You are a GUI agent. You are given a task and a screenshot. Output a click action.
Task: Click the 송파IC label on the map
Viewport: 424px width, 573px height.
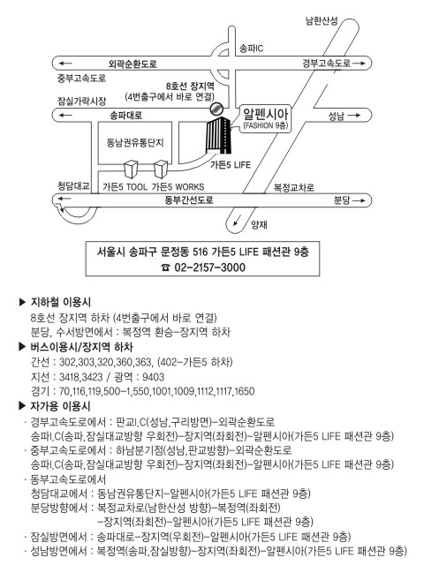point(251,49)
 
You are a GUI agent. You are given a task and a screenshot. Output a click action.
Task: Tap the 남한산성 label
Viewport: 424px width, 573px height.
point(322,21)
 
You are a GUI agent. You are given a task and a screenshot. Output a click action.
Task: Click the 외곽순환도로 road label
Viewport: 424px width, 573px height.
point(132,64)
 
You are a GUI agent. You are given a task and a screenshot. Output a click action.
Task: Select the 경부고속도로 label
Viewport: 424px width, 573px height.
point(327,64)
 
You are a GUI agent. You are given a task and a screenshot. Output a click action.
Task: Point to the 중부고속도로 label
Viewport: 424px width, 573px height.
point(81,78)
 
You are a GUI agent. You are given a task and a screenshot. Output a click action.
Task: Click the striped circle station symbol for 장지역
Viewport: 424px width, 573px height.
point(216,109)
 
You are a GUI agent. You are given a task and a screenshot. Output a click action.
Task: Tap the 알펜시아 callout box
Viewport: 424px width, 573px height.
point(266,118)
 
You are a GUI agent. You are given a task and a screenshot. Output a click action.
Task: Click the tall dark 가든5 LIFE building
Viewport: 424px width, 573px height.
point(218,135)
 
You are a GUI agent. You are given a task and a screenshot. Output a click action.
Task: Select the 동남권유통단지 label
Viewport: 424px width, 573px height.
point(135,142)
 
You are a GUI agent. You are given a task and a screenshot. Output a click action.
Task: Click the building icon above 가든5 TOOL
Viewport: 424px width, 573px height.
point(131,170)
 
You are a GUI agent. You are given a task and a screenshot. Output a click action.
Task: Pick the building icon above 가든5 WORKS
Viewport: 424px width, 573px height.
point(161,170)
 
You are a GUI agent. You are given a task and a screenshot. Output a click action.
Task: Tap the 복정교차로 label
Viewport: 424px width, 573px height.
point(294,187)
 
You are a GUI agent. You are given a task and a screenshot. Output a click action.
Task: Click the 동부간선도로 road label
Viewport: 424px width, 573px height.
point(189,200)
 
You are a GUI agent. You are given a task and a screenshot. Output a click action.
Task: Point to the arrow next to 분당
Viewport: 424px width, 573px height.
point(359,200)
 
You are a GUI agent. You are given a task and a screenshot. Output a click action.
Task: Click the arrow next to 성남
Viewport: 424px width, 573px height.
point(354,116)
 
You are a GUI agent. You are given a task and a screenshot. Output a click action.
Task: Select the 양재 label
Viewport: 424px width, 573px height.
point(259,225)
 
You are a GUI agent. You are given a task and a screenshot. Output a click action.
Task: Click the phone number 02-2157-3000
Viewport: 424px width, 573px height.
point(210,268)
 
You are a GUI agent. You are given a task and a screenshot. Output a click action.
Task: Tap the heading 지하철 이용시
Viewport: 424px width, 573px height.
point(61,302)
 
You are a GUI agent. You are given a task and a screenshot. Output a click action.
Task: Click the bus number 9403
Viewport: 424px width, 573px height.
point(153,377)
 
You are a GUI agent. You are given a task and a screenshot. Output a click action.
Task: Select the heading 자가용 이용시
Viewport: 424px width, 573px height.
point(60,406)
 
